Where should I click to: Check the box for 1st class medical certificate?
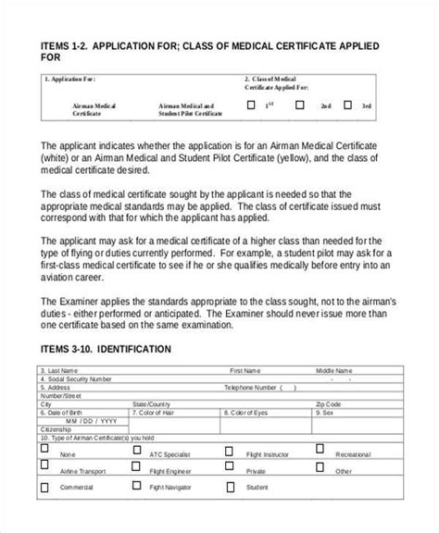[x=250, y=105]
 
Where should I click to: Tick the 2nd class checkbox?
[x=302, y=105]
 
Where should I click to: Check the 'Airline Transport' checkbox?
[x=44, y=465]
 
